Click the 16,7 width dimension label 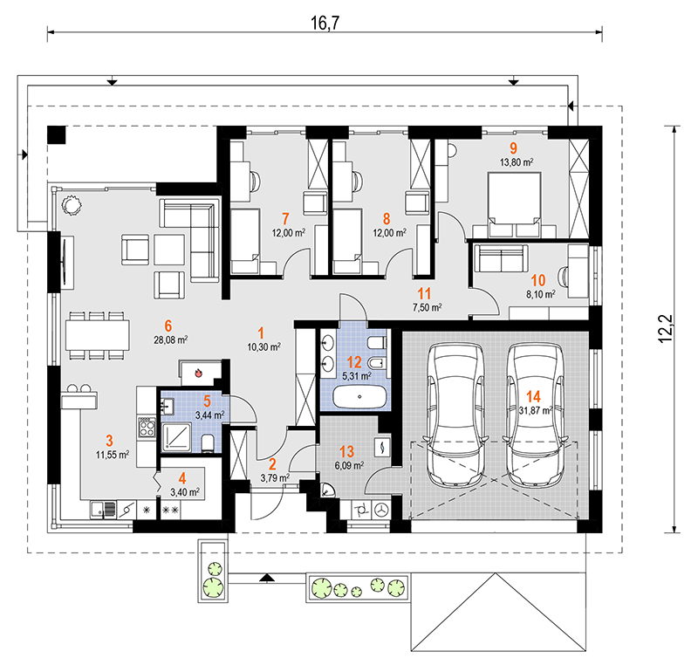325,24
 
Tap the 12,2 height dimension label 666,328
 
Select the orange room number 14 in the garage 533,396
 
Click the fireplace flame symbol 199,373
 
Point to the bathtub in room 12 359,396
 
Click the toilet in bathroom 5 208,442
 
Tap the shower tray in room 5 177,436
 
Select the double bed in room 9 514,204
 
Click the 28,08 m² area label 170,340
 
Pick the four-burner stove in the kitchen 147,427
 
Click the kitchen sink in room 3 103,511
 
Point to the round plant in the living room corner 71,205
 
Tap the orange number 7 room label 285,218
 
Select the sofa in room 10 502,257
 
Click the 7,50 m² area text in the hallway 428,307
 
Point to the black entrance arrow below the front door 266,578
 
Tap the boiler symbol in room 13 382,447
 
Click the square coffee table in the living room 169,250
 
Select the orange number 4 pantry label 182,478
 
